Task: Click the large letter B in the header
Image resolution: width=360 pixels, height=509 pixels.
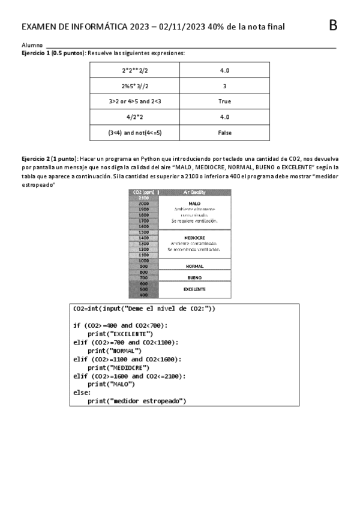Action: pos(334,25)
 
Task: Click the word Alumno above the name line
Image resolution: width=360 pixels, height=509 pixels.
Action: pos(32,45)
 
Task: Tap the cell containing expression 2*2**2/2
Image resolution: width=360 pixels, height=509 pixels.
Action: pos(135,70)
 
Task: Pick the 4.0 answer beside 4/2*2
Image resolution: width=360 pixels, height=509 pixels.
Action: pos(224,117)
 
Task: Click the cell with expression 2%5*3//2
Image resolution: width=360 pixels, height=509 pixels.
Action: pos(135,86)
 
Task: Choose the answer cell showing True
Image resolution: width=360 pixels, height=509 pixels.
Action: pos(224,101)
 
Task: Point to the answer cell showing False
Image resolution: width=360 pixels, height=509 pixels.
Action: pos(224,133)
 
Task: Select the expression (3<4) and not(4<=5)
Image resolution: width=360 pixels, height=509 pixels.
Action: pos(135,133)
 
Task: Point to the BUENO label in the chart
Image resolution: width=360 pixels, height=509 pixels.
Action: pos(194,278)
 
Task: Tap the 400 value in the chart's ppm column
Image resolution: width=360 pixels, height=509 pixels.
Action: pos(143,295)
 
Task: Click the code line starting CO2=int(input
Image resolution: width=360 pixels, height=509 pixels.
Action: pos(144,309)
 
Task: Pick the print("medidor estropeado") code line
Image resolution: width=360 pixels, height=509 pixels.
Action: pos(137,400)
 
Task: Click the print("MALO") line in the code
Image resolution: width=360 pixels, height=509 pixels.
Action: pos(111,384)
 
